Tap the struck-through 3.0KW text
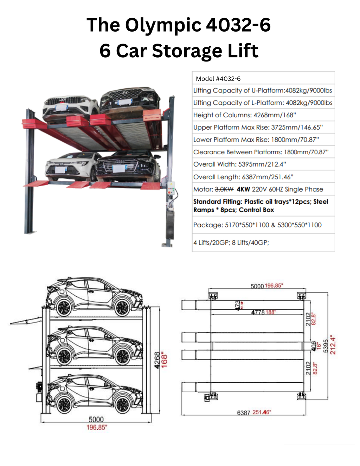(224, 189)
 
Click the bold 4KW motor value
(243, 189)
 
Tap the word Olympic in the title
(163, 25)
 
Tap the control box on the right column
(171, 188)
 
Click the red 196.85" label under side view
(97, 427)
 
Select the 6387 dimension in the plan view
(244, 413)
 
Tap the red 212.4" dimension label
(333, 345)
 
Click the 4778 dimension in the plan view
(258, 312)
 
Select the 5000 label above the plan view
(257, 286)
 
